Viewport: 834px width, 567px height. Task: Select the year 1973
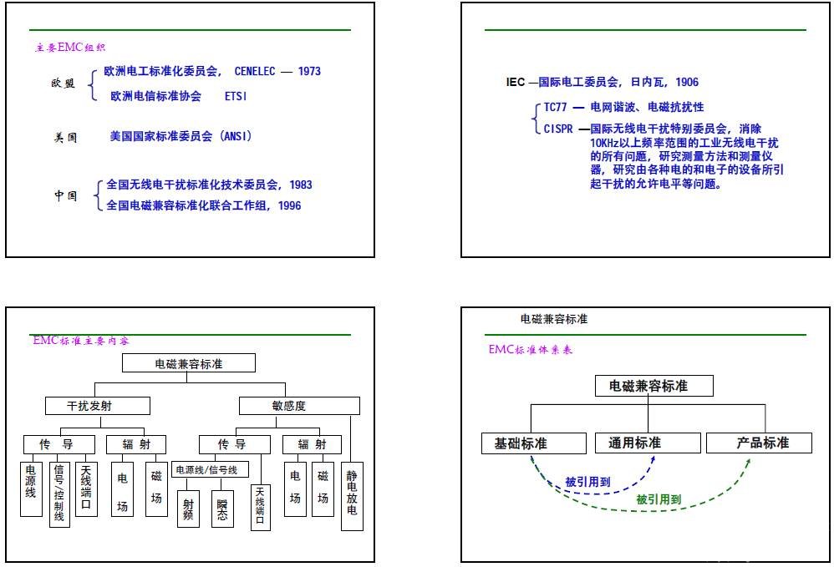pyautogui.click(x=308, y=72)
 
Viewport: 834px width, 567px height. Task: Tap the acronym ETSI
pyautogui.click(x=236, y=97)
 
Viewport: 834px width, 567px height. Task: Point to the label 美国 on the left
pyautogui.click(x=66, y=137)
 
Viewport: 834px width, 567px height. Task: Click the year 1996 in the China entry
pyautogui.click(x=289, y=205)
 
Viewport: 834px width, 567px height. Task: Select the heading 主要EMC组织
pyautogui.click(x=70, y=48)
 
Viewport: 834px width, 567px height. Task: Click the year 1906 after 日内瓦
pyautogui.click(x=687, y=82)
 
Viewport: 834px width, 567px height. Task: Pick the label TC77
pyautogui.click(x=556, y=108)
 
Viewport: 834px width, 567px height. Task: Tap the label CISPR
pyautogui.click(x=558, y=129)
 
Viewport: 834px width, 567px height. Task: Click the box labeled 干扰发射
pyautogui.click(x=97, y=406)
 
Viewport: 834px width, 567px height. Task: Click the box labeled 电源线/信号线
pyautogui.click(x=211, y=470)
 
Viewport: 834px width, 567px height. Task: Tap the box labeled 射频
pyautogui.click(x=188, y=508)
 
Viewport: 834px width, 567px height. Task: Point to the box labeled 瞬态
pyautogui.click(x=222, y=508)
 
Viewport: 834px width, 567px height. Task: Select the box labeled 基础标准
pyautogui.click(x=522, y=443)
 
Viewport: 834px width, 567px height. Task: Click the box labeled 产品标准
pyautogui.click(x=760, y=443)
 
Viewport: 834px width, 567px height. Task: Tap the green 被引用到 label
pyautogui.click(x=658, y=500)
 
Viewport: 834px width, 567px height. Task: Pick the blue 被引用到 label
pyautogui.click(x=587, y=482)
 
